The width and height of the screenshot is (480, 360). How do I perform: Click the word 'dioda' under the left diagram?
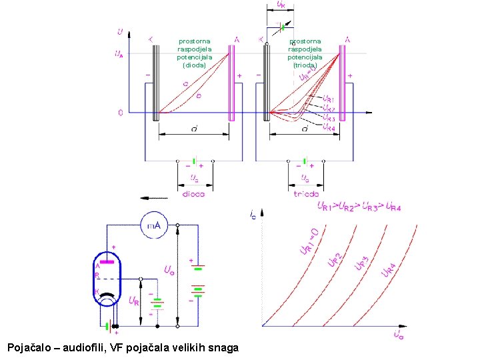193,194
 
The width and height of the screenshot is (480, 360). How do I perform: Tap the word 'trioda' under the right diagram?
305,194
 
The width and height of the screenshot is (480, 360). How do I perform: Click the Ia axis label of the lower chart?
253,215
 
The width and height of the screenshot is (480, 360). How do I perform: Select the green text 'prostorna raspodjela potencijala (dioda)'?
194,53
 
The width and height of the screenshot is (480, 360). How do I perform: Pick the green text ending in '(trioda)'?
305,53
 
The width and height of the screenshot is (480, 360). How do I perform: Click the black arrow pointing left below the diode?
153,197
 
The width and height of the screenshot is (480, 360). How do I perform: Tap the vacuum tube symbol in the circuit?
107,279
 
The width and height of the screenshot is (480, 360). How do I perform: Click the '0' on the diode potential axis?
120,113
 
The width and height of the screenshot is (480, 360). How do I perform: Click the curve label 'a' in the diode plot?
185,84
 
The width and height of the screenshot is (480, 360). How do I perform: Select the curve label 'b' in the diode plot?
198,95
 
